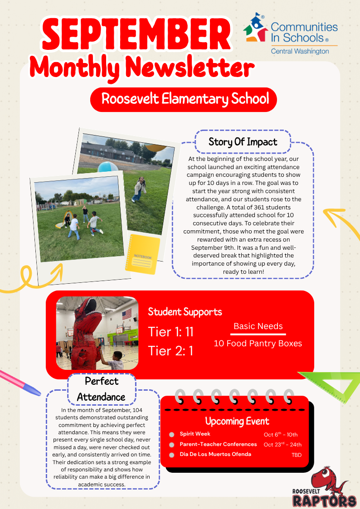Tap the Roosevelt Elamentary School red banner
pyautogui.click(x=183, y=99)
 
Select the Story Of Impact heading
pyautogui.click(x=243, y=142)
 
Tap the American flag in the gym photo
pyautogui.click(x=126, y=314)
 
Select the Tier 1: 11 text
pyautogui.click(x=171, y=332)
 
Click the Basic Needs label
pyautogui.click(x=258, y=326)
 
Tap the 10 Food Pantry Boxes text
pyautogui.click(x=258, y=343)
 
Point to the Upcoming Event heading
pyautogui.click(x=237, y=421)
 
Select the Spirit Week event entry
pyautogui.click(x=195, y=434)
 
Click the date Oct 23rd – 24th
pyautogui.click(x=282, y=445)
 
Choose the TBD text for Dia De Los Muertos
pyautogui.click(x=296, y=455)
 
